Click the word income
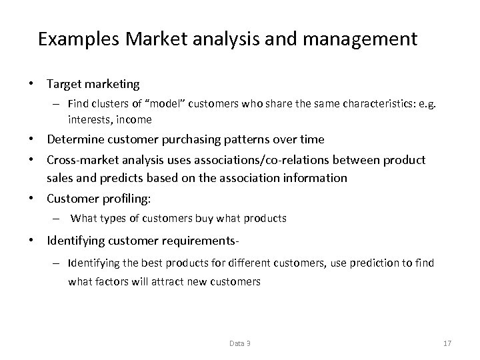click(x=135, y=120)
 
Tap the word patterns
click(x=244, y=139)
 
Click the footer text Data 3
click(x=240, y=343)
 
